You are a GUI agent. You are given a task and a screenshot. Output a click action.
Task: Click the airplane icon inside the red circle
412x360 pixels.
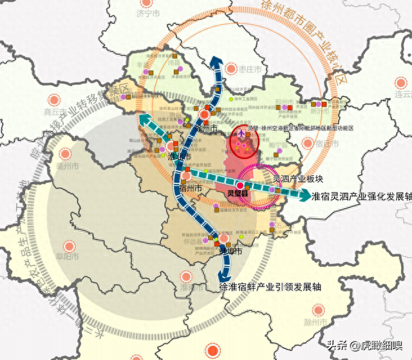tap(241, 133)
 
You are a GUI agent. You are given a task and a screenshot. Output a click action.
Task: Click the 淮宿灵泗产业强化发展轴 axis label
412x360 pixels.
tap(360, 196)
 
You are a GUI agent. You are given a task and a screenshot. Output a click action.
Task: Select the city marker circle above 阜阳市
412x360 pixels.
tap(68, 245)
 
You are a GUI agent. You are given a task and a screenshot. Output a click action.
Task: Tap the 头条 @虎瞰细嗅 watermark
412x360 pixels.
tap(363, 345)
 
